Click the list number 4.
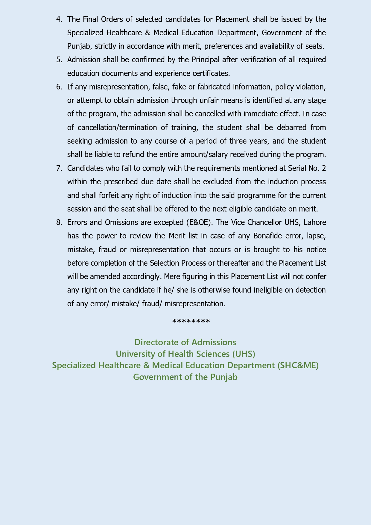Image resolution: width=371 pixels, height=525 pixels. tap(59, 19)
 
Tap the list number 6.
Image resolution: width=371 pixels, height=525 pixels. tap(59, 87)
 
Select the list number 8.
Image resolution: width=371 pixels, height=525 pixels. tap(59, 222)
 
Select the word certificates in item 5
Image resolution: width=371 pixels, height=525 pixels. tap(211, 73)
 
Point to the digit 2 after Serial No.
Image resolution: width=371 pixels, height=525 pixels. tap(324, 168)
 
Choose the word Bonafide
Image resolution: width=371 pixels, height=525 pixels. tap(267, 236)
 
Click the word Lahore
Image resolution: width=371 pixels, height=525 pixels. tap(315, 222)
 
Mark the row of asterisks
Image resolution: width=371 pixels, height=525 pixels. tap(191, 322)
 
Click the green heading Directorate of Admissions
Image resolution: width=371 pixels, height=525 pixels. tap(185, 342)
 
